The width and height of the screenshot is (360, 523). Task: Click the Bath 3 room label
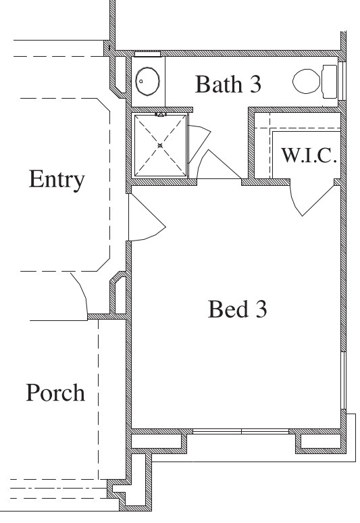pyautogui.click(x=228, y=84)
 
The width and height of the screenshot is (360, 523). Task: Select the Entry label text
pyautogui.click(x=57, y=180)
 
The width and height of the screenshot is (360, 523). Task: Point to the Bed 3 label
pyautogui.click(x=238, y=309)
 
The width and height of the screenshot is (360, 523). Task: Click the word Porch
pyautogui.click(x=55, y=393)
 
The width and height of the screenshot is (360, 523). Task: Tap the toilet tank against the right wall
pyautogui.click(x=330, y=81)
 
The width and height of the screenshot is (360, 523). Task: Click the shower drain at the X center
pyautogui.click(x=160, y=145)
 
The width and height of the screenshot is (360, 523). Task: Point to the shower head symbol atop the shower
pyautogui.click(x=161, y=115)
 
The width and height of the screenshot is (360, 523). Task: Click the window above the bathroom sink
pyautogui.click(x=147, y=53)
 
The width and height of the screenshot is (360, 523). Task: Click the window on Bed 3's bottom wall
pyautogui.click(x=241, y=431)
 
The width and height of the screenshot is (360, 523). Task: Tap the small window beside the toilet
pyautogui.click(x=342, y=81)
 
